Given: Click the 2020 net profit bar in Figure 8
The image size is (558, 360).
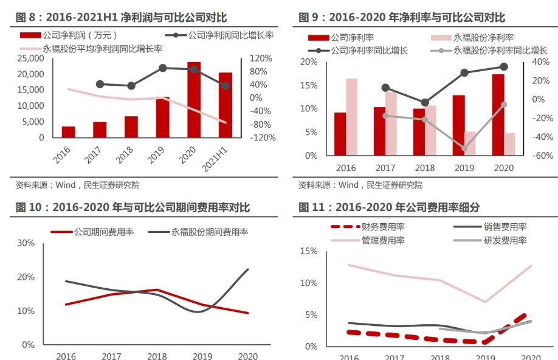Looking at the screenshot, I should [x=194, y=100].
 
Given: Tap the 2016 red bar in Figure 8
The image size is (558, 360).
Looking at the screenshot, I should [x=69, y=132].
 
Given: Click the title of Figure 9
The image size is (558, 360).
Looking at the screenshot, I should [x=402, y=18].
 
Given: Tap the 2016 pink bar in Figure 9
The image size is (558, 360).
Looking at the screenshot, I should [x=352, y=117].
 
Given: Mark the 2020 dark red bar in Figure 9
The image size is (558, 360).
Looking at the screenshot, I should [x=498, y=114].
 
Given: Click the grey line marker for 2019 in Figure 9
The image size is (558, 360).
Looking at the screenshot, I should [x=464, y=148].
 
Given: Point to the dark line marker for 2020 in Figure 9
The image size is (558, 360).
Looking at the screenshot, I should [x=504, y=67].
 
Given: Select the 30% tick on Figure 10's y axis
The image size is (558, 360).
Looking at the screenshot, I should [x=26, y=243].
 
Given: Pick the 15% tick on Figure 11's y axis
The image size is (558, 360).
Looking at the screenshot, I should [x=309, y=251].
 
